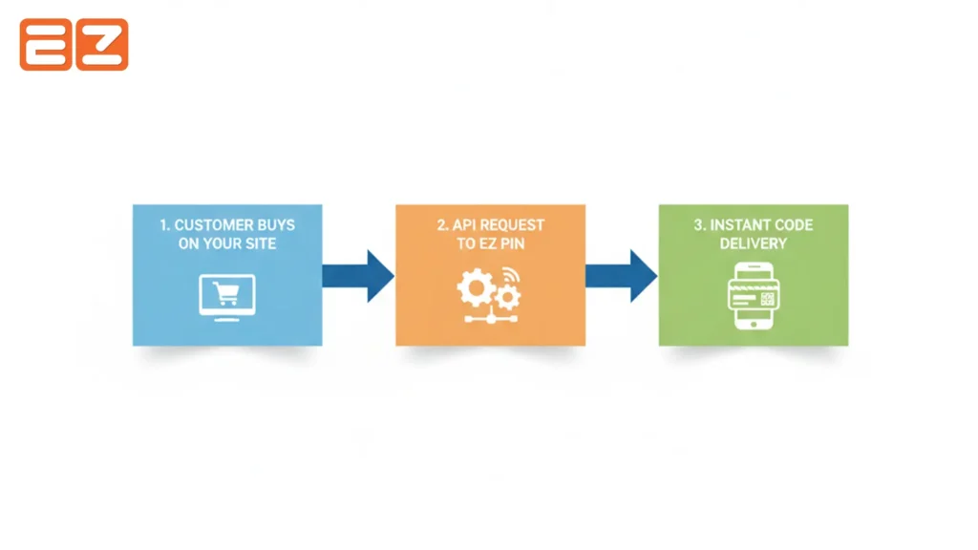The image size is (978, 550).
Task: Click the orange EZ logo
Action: click(74, 45)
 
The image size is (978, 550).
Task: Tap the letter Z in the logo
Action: click(102, 45)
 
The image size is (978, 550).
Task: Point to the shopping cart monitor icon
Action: click(227, 295)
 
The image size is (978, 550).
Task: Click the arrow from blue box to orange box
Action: click(357, 275)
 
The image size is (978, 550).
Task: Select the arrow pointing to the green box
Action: click(621, 275)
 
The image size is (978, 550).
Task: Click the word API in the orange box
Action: click(465, 225)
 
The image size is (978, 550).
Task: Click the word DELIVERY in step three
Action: click(754, 243)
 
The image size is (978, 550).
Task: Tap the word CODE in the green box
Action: click(795, 225)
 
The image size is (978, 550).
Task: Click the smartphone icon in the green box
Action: click(753, 295)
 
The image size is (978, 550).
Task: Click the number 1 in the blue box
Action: click(164, 225)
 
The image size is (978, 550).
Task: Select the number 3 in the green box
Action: click(698, 225)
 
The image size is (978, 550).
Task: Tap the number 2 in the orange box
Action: click(442, 225)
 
